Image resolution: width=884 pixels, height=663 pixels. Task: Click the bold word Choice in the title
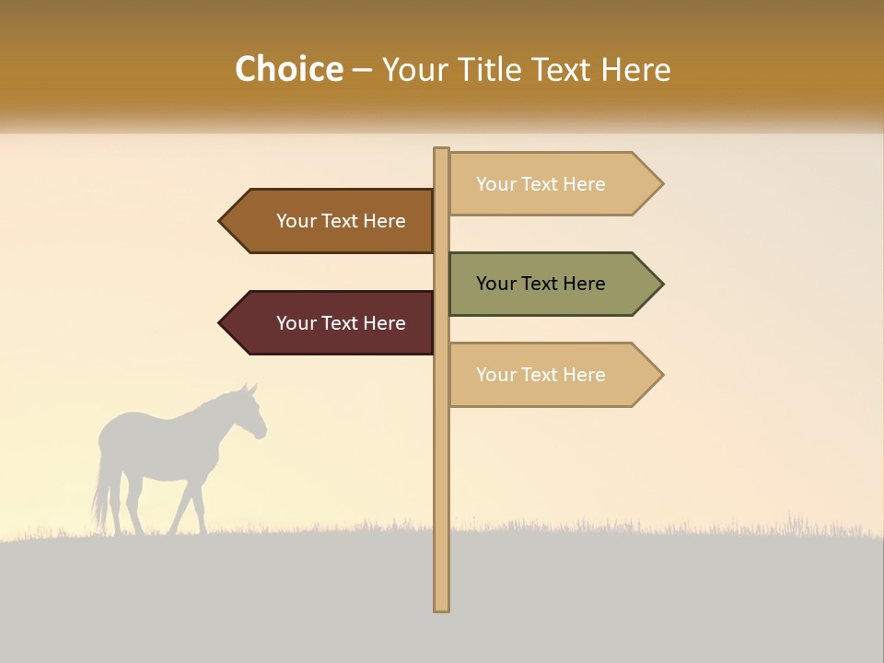point(288,69)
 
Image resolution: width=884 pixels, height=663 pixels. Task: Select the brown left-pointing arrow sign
point(331,221)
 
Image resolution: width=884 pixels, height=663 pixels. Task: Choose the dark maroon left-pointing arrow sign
point(331,323)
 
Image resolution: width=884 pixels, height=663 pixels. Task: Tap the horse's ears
point(249,390)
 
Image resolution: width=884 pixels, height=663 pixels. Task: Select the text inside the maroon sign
point(341,323)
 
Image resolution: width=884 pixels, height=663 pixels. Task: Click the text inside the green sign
point(541,284)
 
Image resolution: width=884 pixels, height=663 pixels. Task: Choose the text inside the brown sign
point(341,221)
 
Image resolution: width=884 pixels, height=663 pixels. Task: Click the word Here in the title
point(635,69)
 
